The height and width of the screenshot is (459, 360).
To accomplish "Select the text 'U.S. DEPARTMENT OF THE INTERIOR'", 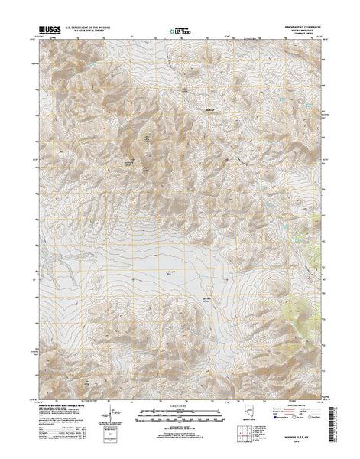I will point(91,31).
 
